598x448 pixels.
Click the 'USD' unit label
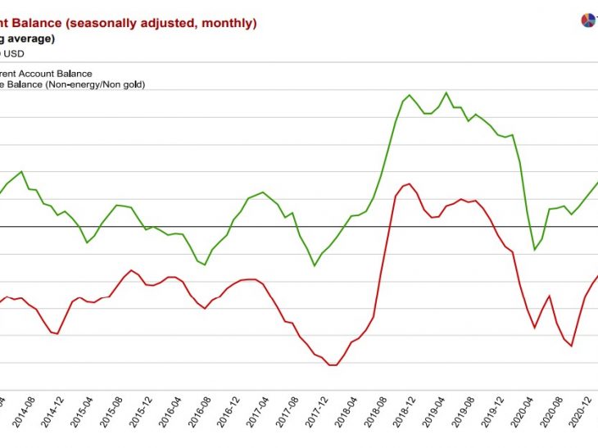14,54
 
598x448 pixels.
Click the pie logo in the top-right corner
587,20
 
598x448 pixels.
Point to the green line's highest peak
446,93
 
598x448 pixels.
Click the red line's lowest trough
332,365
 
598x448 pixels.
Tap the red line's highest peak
409,183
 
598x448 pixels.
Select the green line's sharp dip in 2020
534,250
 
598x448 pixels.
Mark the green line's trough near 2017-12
315,265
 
